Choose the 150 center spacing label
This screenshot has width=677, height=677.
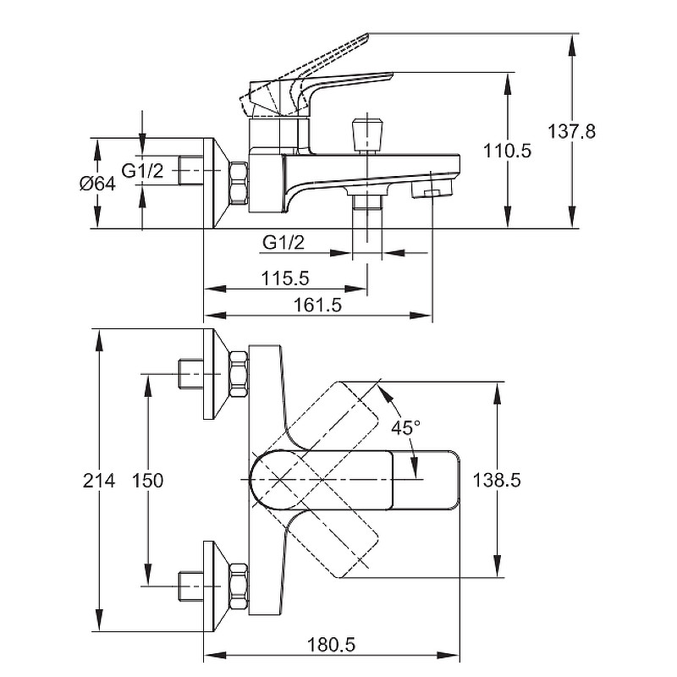(x=148, y=481)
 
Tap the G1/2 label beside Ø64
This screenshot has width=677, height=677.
(x=142, y=172)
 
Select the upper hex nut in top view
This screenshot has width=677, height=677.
(x=239, y=372)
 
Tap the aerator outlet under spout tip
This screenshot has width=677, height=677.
(x=429, y=194)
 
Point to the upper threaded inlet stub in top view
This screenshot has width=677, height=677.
(x=190, y=372)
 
